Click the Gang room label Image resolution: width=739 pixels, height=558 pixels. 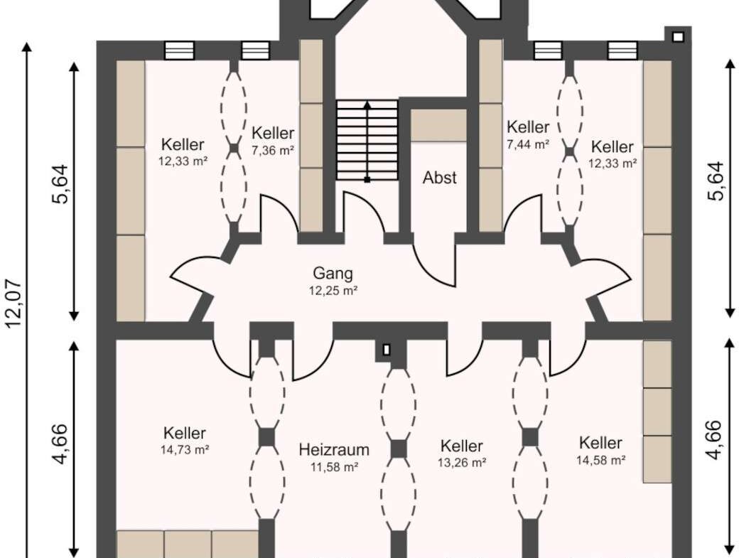pyautogui.click(x=333, y=274)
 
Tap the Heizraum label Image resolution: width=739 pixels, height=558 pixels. pyautogui.click(x=334, y=450)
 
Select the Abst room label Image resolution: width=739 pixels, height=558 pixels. pyautogui.click(x=439, y=178)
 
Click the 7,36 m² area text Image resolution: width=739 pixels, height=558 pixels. pyautogui.click(x=273, y=150)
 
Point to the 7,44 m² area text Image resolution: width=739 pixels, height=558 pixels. pyautogui.click(x=528, y=144)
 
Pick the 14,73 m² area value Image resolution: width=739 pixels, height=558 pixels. pyautogui.click(x=185, y=450)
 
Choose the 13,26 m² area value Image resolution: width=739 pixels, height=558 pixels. pyautogui.click(x=461, y=462)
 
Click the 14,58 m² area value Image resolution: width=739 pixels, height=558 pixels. pyautogui.click(x=600, y=459)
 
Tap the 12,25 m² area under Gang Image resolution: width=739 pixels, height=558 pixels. pyautogui.click(x=333, y=290)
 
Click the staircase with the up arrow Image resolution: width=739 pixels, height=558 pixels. pyautogui.click(x=367, y=140)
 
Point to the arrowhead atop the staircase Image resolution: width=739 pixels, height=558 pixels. pyautogui.click(x=367, y=104)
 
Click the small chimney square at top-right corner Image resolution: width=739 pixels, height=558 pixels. pyautogui.click(x=678, y=37)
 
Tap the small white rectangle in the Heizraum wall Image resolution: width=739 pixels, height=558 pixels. pyautogui.click(x=387, y=350)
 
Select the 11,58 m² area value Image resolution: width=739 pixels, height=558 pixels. pyautogui.click(x=334, y=467)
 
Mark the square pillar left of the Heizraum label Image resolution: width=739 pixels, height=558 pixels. pyautogui.click(x=267, y=437)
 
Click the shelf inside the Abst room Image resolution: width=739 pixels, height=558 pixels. pyautogui.click(x=438, y=125)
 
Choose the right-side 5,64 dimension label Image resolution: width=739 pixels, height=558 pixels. pyautogui.click(x=715, y=181)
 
